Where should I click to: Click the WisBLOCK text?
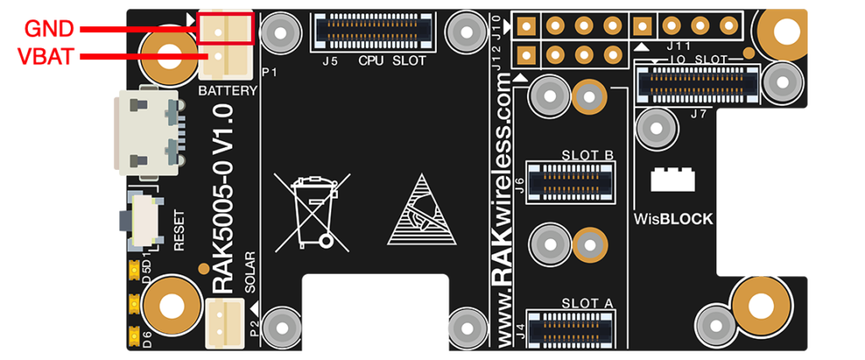(673, 220)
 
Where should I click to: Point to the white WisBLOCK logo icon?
(673, 179)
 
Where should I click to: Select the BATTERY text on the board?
(227, 91)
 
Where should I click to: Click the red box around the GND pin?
(226, 28)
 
